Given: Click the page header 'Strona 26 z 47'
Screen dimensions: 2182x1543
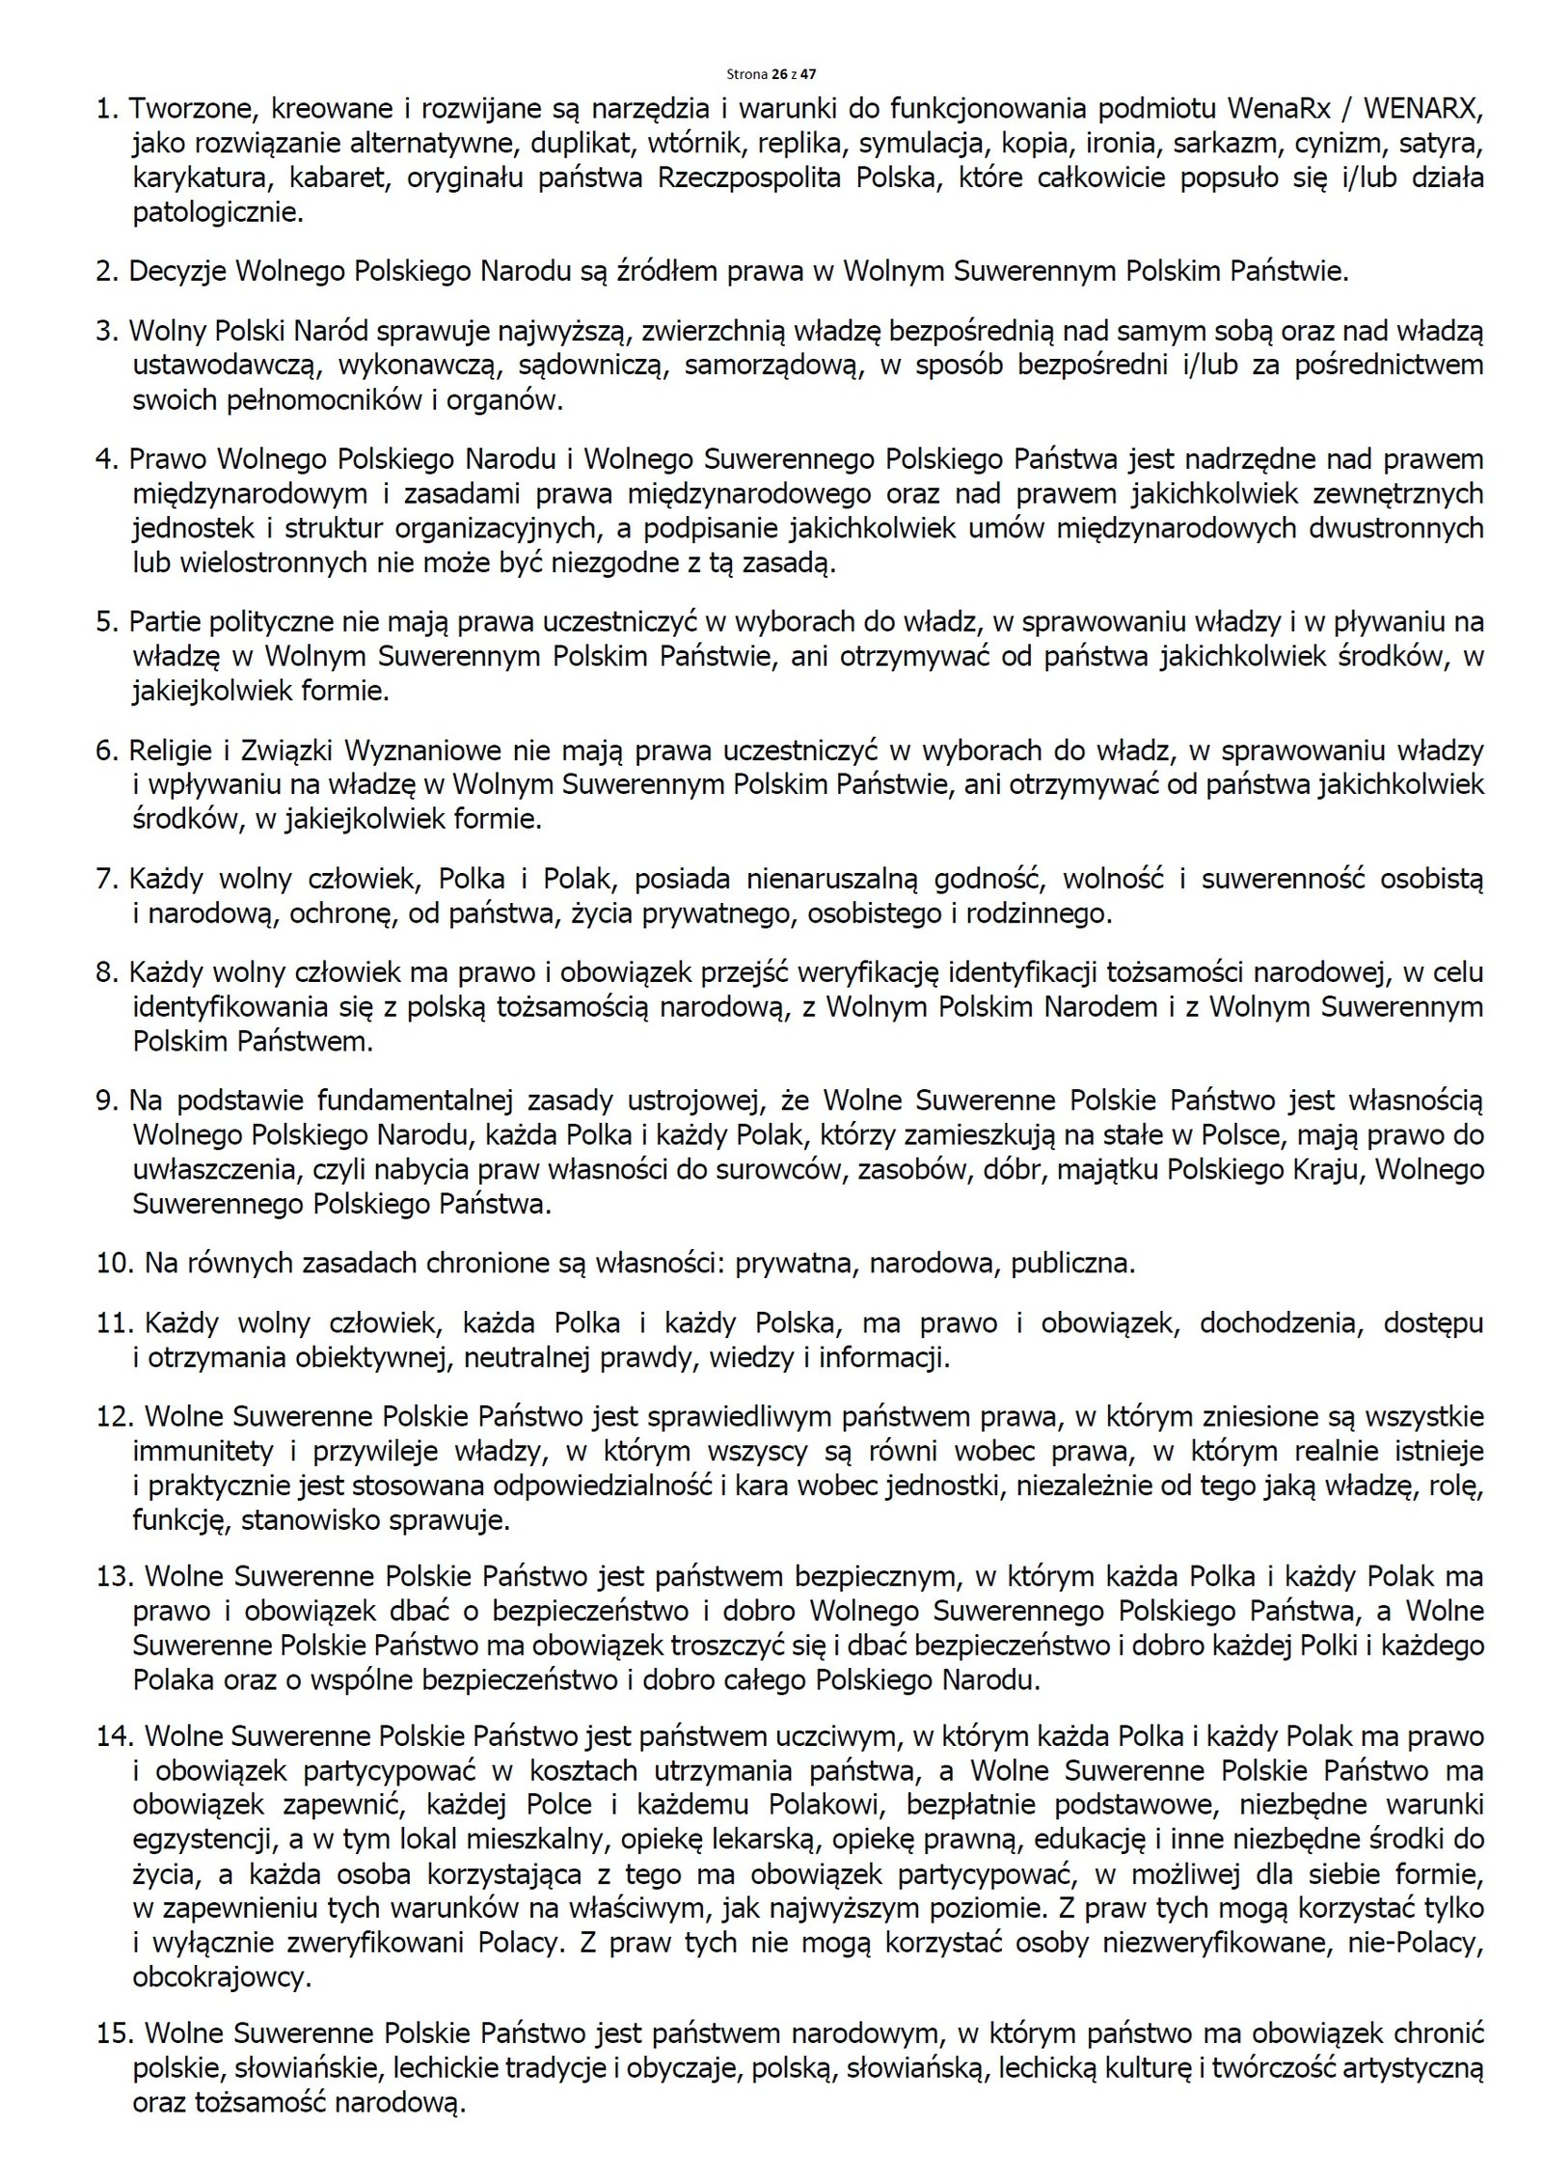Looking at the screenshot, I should coord(771,73).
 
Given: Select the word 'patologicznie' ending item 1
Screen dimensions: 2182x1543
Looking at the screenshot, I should coord(216,212).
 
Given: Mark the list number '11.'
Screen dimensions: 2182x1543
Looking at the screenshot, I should coord(112,1323).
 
